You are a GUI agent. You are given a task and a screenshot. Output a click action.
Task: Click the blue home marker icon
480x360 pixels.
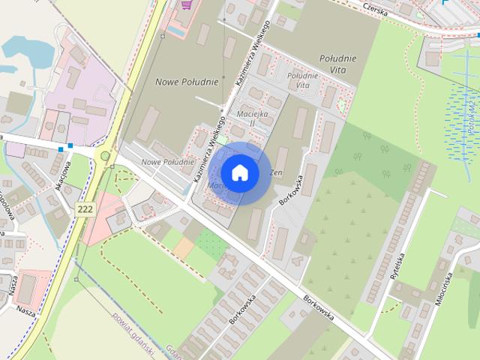pyautogui.click(x=239, y=173)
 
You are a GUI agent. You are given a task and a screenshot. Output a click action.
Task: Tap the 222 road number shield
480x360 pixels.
pyautogui.click(x=85, y=209)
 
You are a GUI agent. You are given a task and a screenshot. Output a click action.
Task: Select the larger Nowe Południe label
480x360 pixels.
pyautogui.click(x=187, y=81)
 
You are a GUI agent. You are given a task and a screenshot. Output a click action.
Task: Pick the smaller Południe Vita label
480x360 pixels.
pyautogui.click(x=302, y=80)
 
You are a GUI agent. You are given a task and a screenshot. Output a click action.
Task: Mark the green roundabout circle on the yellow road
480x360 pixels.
pyautogui.click(x=105, y=156)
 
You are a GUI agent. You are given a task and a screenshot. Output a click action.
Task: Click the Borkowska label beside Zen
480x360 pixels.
pyautogui.click(x=291, y=191)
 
